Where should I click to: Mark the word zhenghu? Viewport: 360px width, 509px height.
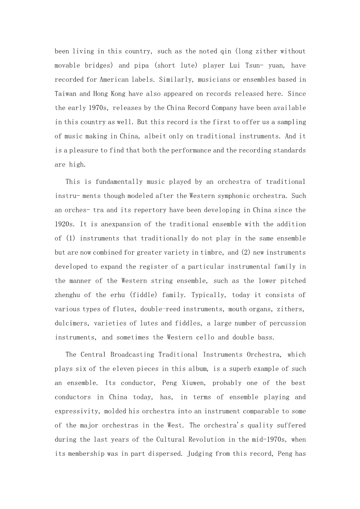tap(67, 295)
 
